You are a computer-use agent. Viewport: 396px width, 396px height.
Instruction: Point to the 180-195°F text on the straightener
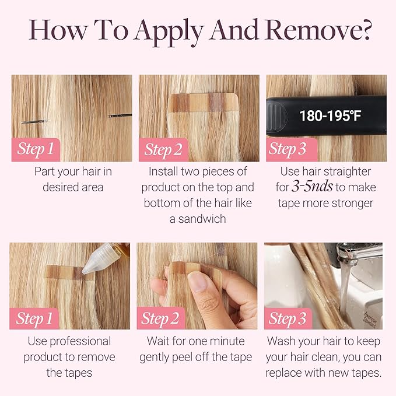pos(330,115)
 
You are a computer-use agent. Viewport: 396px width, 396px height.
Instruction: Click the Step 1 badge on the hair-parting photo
pos(36,149)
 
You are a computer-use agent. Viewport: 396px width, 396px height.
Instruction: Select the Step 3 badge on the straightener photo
pos(288,149)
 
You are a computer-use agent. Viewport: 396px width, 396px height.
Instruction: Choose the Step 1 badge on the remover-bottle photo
pos(36,318)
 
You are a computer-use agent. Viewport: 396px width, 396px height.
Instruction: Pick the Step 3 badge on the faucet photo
pos(288,318)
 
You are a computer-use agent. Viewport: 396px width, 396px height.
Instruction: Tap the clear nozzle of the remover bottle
pos(97,263)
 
